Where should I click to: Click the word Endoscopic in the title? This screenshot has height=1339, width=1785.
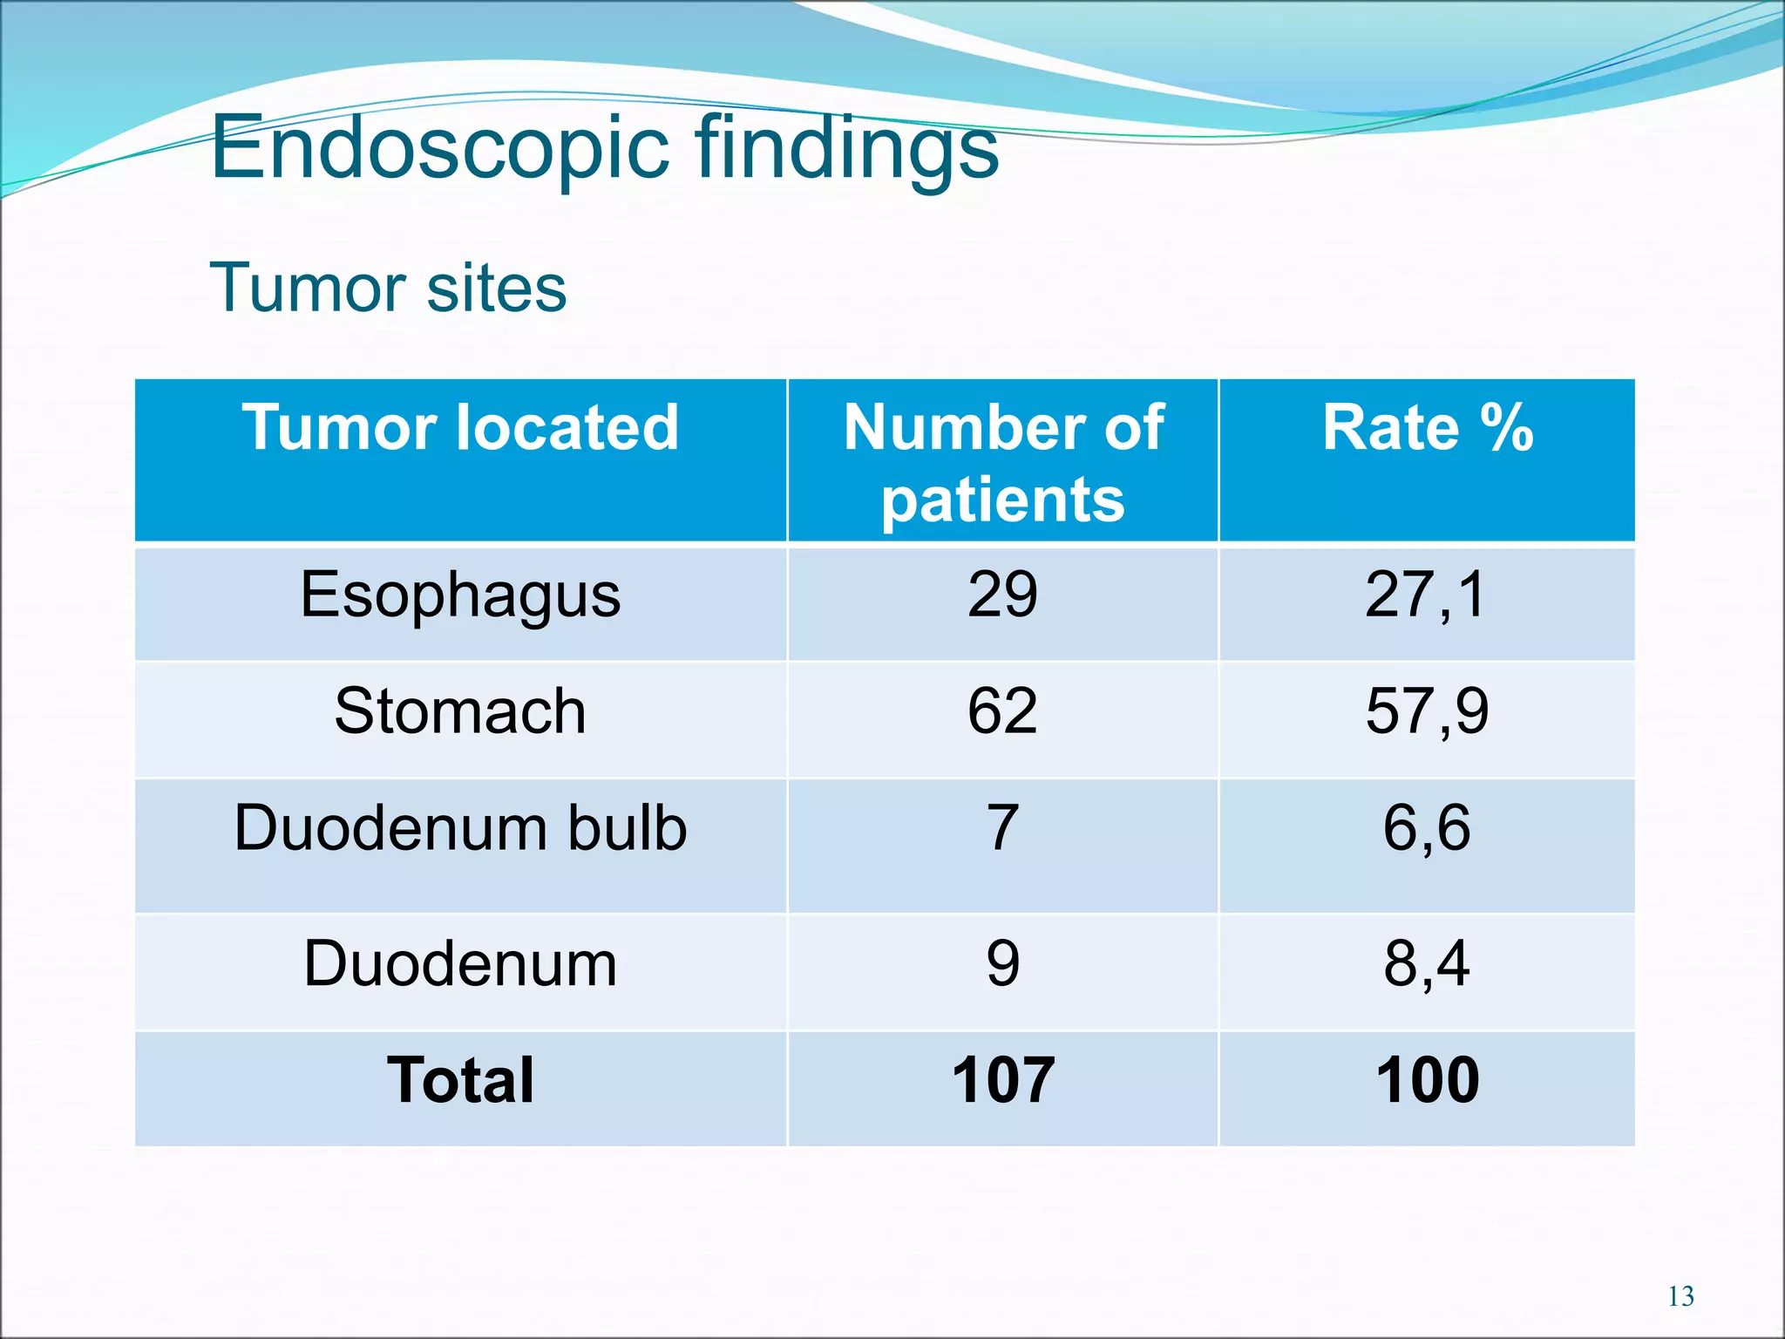click(x=440, y=148)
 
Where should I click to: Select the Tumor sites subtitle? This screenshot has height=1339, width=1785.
click(x=388, y=288)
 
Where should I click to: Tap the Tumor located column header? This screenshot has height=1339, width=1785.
click(x=460, y=427)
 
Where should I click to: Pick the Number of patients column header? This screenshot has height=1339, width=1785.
click(x=1003, y=462)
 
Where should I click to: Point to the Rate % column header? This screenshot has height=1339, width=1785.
click(x=1427, y=427)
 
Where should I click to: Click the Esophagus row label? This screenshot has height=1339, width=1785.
click(x=460, y=595)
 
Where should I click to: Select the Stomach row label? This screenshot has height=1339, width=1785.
click(x=460, y=710)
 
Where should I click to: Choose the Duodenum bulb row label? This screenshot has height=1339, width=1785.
click(x=460, y=827)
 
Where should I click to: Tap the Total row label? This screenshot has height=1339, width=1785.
click(x=460, y=1080)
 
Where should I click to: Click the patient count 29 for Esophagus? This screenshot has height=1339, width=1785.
click(x=1002, y=595)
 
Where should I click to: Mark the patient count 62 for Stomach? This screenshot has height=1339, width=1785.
click(x=1002, y=710)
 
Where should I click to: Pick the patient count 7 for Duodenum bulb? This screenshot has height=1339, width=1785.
click(x=1002, y=827)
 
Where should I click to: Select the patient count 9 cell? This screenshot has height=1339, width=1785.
click(x=1002, y=964)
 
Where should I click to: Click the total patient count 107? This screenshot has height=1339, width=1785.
click(x=1002, y=1080)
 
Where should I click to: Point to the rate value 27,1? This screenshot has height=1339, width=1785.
click(x=1426, y=595)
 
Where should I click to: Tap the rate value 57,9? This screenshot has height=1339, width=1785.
click(x=1427, y=710)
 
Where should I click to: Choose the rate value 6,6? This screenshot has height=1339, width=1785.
click(x=1427, y=827)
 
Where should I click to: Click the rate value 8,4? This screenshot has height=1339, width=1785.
click(x=1427, y=964)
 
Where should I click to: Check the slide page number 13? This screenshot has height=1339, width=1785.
click(x=1680, y=1296)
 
